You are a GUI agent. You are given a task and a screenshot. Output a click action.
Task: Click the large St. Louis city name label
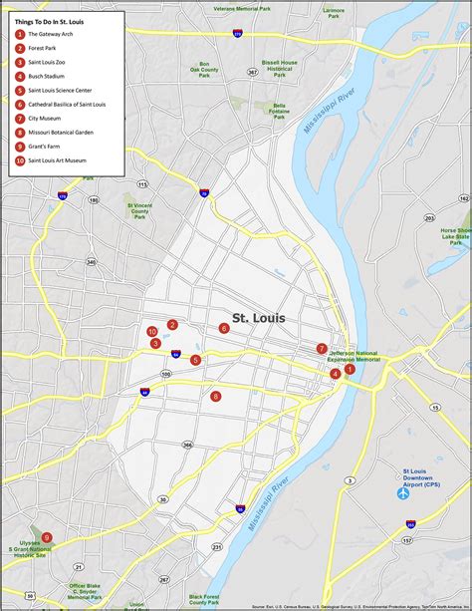[258, 318]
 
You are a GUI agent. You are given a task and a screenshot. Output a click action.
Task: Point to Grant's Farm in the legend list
[46, 146]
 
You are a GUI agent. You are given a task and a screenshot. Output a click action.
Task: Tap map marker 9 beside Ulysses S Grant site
[47, 537]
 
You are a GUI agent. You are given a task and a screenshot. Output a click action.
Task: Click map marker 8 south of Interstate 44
[216, 396]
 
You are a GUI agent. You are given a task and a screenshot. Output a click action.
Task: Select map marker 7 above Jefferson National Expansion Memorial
[322, 349]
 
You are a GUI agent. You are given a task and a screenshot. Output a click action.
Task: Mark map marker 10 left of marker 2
[152, 331]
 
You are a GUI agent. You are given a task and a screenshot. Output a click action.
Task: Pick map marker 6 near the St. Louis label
[224, 328]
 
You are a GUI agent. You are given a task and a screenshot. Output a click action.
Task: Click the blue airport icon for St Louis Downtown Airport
[403, 492]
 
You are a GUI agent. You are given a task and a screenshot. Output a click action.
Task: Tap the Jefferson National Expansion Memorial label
[354, 356]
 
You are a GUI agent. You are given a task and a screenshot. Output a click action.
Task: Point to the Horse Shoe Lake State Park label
[456, 235]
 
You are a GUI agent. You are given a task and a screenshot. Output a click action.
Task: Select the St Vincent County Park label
[138, 210]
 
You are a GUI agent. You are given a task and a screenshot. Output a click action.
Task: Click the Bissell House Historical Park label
[280, 68]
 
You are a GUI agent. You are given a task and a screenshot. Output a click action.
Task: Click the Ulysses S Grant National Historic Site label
[30, 549]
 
